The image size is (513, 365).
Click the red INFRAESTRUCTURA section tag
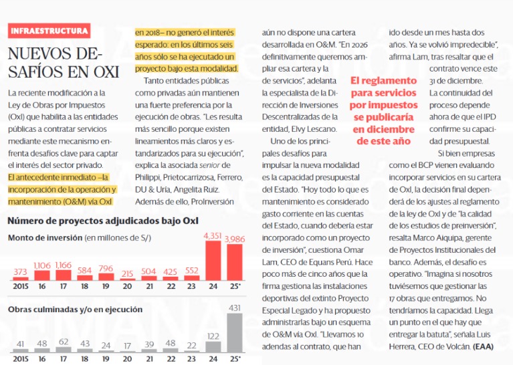pyautogui.click(x=49, y=31)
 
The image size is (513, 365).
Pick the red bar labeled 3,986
pyautogui.click(x=235, y=262)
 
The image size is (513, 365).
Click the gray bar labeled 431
pyautogui.click(x=235, y=333)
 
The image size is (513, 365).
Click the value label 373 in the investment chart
pyautogui.click(x=21, y=272)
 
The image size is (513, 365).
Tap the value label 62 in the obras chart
pyautogui.click(x=64, y=342)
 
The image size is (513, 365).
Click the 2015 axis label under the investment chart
pyautogui.click(x=21, y=287)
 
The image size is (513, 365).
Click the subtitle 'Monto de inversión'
pyautogui.click(x=45, y=238)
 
